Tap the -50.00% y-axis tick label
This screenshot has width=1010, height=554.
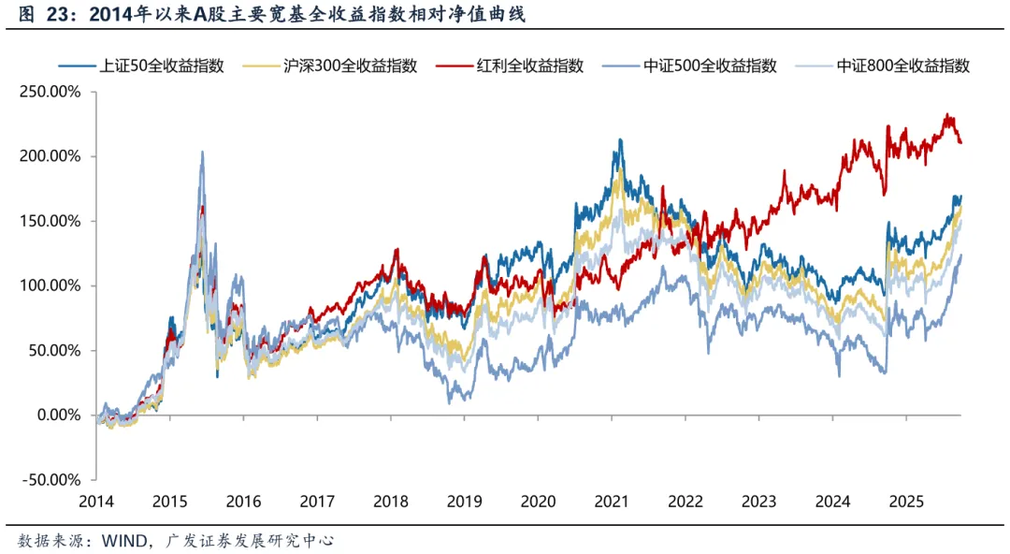coord(51,480)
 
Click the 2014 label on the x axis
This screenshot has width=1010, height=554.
coord(97,501)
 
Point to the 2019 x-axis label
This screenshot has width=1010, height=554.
coord(464,501)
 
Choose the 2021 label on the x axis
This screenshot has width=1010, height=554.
coord(611,501)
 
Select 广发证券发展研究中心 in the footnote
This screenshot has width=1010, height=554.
coord(250,540)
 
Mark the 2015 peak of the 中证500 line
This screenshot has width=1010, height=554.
coord(202,152)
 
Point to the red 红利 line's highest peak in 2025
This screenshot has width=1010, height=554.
coord(947,115)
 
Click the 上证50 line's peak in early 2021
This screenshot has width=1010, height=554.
coord(620,139)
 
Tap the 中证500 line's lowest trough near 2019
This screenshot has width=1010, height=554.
coord(450,403)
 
